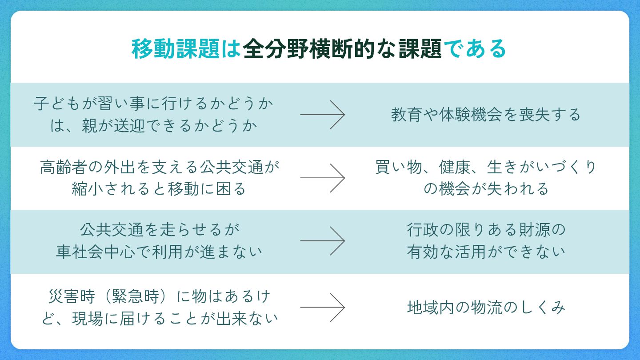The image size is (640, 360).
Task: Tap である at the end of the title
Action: click(x=475, y=49)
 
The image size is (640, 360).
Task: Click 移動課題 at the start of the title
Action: click(x=176, y=49)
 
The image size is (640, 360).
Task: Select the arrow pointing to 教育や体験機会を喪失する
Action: click(x=322, y=115)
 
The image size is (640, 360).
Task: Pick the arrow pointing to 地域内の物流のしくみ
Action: click(x=322, y=307)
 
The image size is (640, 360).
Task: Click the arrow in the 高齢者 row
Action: click(x=322, y=178)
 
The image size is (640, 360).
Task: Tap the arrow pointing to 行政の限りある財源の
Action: click(x=322, y=241)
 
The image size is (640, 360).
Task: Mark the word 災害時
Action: click(x=67, y=296)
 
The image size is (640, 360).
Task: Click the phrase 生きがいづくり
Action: click(x=541, y=168)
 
